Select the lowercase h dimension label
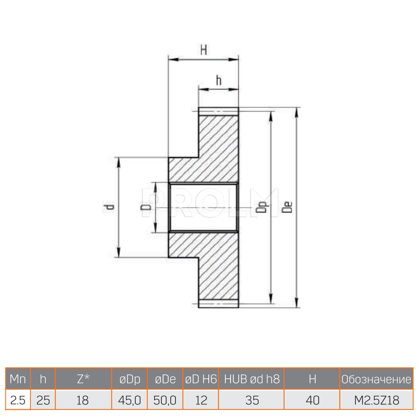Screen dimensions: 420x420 (219, 80)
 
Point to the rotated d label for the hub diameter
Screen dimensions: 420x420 (108, 207)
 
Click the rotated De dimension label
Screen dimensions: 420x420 (287, 207)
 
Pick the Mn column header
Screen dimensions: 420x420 (18, 379)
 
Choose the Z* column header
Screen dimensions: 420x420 (83, 379)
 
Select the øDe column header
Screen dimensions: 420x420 (165, 379)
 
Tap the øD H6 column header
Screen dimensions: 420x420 (201, 379)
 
